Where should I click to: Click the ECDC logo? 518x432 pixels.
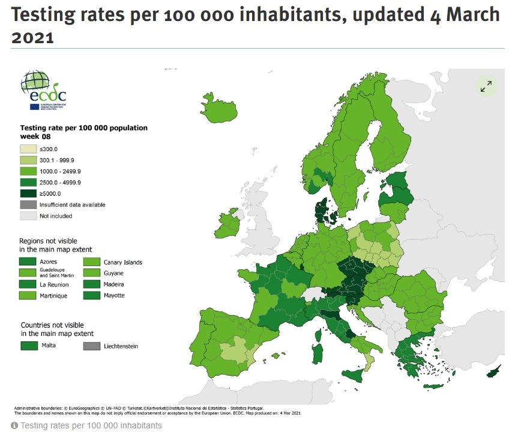click(43, 90)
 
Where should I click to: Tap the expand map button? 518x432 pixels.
click(486, 86)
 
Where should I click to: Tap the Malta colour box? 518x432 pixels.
click(29, 346)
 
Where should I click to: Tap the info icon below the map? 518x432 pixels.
click(14, 425)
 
